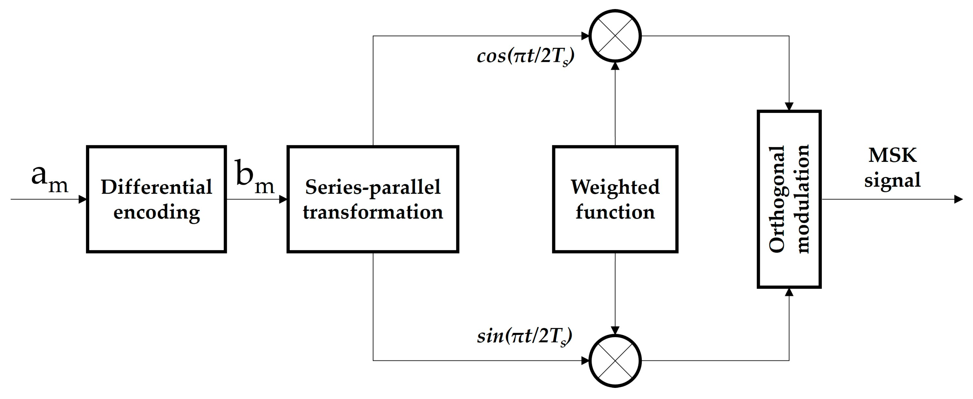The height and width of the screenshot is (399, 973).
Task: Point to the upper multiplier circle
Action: point(615,36)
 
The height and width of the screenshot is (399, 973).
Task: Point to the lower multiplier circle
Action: point(615,360)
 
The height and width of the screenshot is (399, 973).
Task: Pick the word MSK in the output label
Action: point(892,155)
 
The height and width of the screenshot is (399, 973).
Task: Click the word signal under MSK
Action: point(892,180)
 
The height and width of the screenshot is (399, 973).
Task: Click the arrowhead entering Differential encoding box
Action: point(83,199)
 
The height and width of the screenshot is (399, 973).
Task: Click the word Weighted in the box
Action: point(615,187)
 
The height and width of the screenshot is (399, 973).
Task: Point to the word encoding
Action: point(156,212)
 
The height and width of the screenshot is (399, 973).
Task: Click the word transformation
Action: point(373,212)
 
